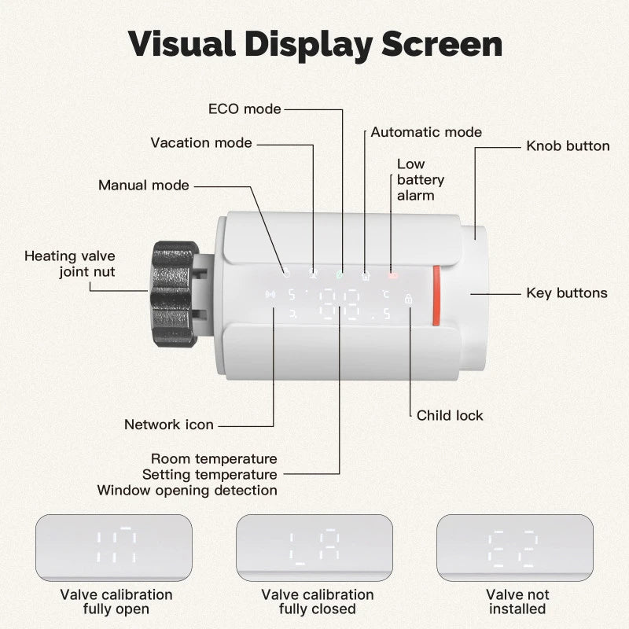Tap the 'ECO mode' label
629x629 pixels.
tap(244, 109)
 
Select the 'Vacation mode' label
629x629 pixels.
tap(201, 142)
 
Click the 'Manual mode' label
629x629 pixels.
tap(143, 186)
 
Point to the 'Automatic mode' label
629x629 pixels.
tap(426, 132)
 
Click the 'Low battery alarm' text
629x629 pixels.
tap(415, 179)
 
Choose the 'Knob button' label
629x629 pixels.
tap(568, 145)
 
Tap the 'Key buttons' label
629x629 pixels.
tap(566, 293)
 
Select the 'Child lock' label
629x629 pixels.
tap(450, 415)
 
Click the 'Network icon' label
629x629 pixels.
tap(168, 425)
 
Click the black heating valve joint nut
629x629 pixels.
tap(175, 292)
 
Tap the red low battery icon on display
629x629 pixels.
tap(392, 276)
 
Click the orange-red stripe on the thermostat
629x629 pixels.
tap(435, 296)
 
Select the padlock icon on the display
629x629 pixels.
tap(408, 299)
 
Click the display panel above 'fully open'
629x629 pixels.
tap(114, 547)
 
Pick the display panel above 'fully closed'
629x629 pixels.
tap(314, 547)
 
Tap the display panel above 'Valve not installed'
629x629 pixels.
tap(515, 547)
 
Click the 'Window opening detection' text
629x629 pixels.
tap(187, 491)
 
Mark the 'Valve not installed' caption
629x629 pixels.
tap(517, 601)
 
